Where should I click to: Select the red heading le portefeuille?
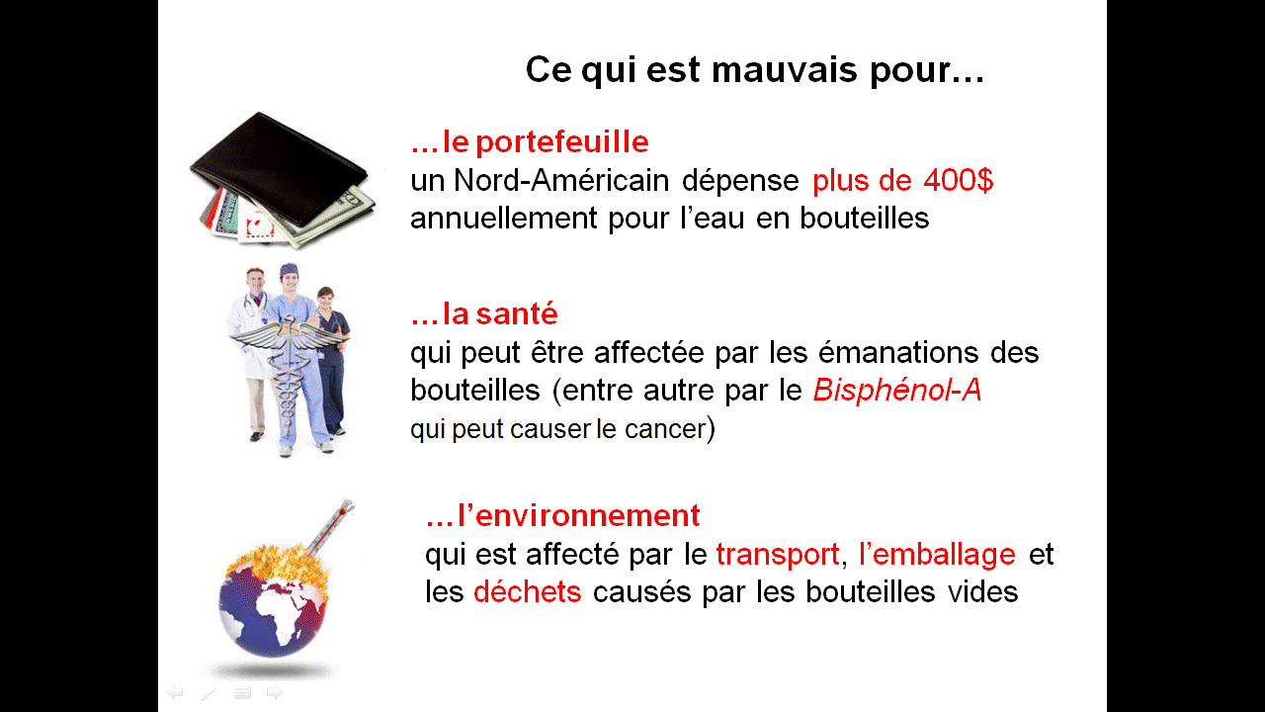point(546,141)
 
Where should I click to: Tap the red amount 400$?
point(958,180)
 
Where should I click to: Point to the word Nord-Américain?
point(561,180)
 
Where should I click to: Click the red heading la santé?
point(500,313)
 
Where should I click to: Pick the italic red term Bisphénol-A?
point(896,390)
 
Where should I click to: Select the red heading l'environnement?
point(578,515)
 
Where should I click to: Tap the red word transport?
point(778,555)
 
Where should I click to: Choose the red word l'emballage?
point(937,555)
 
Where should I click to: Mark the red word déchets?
point(528,591)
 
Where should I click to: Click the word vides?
point(982,591)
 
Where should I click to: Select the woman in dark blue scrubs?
point(334,362)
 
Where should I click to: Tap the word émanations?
point(898,353)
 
